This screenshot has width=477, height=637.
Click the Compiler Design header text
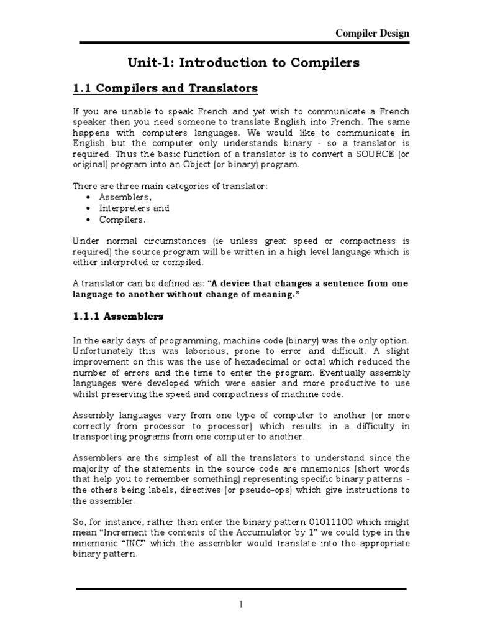pyautogui.click(x=372, y=33)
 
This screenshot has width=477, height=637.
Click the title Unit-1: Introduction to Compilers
pyautogui.click(x=243, y=63)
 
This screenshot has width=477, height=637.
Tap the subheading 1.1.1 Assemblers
pyautogui.click(x=119, y=316)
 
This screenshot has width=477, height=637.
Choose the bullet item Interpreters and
pyautogui.click(x=134, y=208)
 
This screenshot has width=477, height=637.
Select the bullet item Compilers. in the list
pyautogui.click(x=123, y=220)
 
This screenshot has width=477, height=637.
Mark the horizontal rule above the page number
pyautogui.click(x=242, y=588)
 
